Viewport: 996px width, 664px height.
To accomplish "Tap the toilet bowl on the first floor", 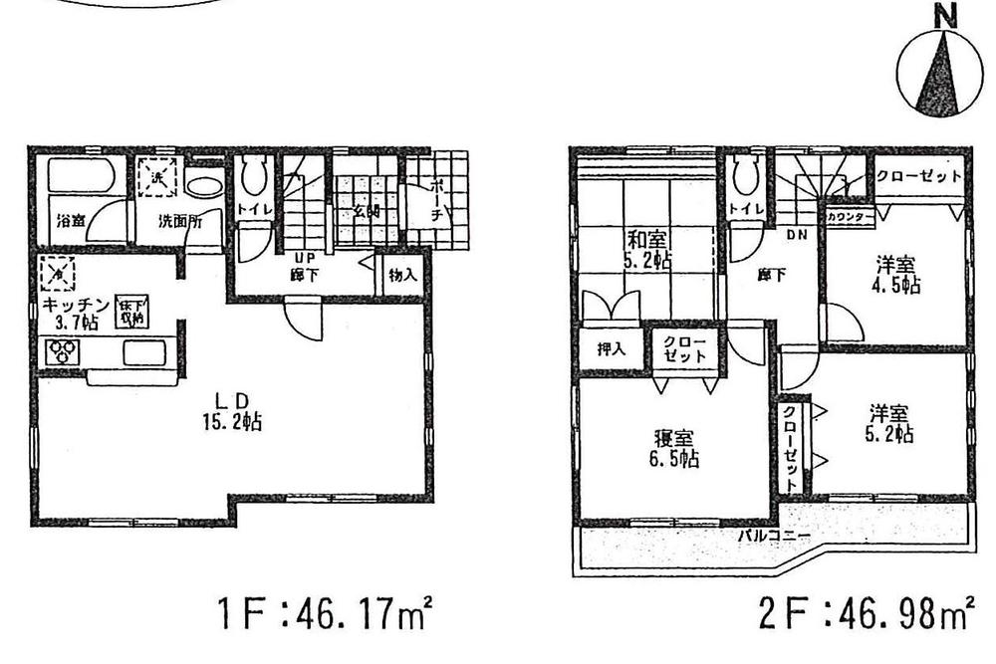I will (251, 179).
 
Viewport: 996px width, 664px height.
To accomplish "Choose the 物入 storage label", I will (402, 276).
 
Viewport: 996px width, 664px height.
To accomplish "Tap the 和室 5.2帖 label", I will (648, 249).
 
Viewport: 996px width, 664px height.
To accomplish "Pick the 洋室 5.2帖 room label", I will (890, 423).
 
